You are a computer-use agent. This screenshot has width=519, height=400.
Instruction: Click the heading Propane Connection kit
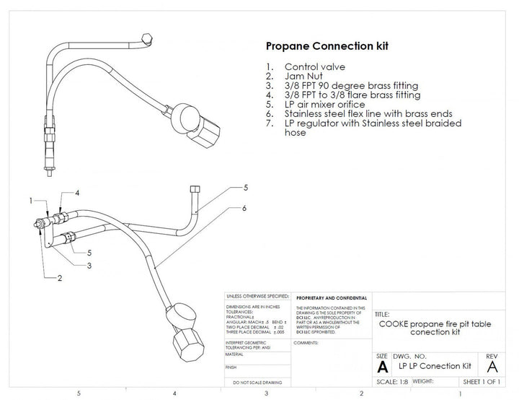pyautogui.click(x=327, y=46)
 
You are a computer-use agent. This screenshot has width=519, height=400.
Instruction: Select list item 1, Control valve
pyautogui.click(x=315, y=67)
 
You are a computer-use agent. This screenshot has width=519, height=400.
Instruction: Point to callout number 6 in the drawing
pyautogui.click(x=244, y=207)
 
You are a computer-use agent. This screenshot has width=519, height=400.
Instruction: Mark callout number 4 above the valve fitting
pyautogui.click(x=76, y=193)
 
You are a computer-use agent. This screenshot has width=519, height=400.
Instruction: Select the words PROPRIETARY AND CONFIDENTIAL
pyautogui.click(x=330, y=297)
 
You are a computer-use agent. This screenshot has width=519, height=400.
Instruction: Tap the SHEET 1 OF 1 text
pyautogui.click(x=482, y=381)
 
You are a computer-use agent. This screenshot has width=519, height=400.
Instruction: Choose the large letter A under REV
pyautogui.click(x=492, y=366)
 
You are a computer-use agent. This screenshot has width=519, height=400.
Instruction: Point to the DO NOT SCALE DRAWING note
pyautogui.click(x=255, y=381)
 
